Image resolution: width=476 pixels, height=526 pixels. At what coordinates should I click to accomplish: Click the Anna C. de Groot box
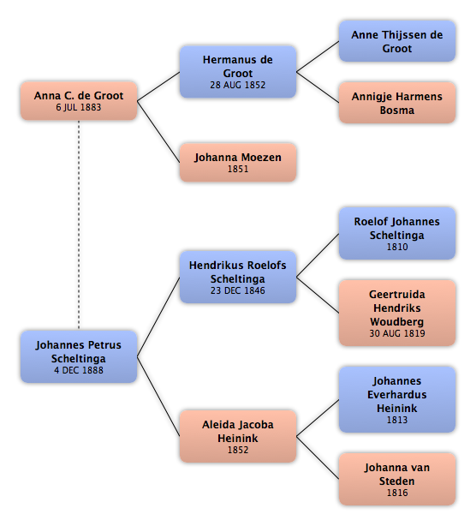tap(79, 100)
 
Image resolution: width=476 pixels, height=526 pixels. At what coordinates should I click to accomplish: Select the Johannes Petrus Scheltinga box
tap(79, 356)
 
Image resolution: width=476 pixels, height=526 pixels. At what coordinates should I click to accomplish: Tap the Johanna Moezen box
tap(238, 163)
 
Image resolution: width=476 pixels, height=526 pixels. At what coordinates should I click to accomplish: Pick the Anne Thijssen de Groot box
tap(397, 41)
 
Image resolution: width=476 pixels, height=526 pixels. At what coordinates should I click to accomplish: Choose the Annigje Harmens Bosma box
tap(397, 103)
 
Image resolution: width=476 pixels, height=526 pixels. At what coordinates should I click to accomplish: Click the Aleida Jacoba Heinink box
tap(238, 436)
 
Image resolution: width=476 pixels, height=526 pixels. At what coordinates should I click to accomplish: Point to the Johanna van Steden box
tap(397, 479)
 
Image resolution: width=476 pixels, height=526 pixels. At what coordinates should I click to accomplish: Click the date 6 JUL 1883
tap(79, 107)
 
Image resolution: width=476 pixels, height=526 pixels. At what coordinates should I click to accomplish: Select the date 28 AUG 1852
tap(238, 85)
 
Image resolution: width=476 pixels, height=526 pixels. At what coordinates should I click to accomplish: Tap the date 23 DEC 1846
tap(238, 290)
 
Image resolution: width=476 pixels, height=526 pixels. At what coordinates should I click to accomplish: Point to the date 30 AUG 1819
tap(397, 333)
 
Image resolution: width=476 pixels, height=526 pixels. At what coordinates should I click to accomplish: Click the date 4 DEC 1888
tap(79, 370)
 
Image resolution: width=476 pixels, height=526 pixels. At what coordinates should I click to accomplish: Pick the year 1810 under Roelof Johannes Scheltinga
tap(397, 247)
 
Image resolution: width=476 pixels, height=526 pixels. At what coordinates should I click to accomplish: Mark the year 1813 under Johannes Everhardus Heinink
tap(397, 420)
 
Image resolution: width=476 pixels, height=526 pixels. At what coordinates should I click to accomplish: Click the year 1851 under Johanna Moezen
tap(238, 169)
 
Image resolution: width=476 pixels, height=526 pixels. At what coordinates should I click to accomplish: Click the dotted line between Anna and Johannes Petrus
tap(79, 225)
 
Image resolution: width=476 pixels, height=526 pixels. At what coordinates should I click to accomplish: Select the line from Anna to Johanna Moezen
tap(158, 132)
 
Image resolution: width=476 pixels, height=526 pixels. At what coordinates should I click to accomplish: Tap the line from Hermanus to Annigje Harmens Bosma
tap(318, 87)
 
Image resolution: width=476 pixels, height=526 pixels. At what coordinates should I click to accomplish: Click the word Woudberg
tap(397, 322)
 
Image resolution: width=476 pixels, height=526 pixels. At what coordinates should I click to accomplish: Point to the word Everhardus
tap(397, 394)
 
